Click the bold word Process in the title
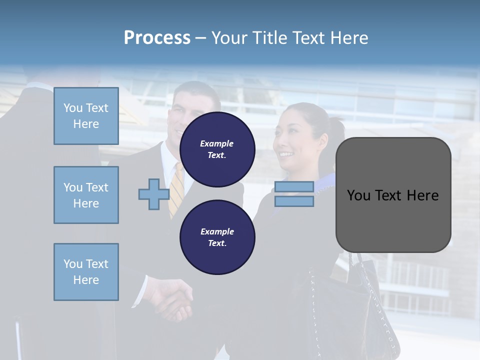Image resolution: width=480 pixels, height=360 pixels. tap(157, 38)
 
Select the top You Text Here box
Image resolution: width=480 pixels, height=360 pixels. tap(86, 116)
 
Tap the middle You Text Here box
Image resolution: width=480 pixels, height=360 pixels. tap(86, 195)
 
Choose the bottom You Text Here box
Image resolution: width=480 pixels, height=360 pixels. tap(86, 272)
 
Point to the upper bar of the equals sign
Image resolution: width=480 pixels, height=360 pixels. tap(294, 187)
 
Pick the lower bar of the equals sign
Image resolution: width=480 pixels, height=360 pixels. tap(294, 201)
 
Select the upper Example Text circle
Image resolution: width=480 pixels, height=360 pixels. tap(217, 149)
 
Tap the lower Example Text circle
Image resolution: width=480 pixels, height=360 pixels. tap(217, 237)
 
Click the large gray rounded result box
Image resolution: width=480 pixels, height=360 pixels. tap(393, 195)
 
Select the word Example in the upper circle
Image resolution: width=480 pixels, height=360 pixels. tap(216, 144)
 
